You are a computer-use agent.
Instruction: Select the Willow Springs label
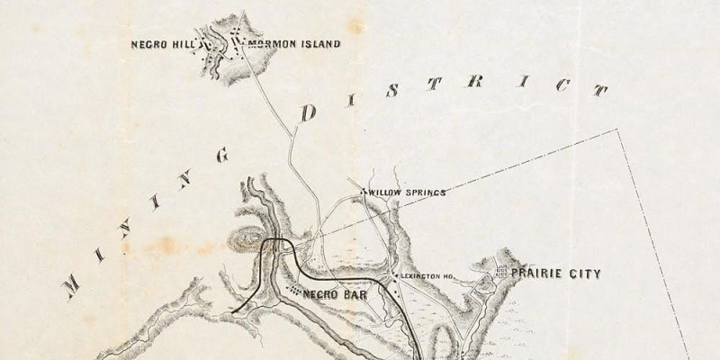(407, 192)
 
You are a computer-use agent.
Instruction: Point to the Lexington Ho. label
(427, 276)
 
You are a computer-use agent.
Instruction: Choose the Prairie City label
(555, 273)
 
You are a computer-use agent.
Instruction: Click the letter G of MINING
(220, 154)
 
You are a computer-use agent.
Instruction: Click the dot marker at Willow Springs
(362, 192)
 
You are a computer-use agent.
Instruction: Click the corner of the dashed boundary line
(619, 129)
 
